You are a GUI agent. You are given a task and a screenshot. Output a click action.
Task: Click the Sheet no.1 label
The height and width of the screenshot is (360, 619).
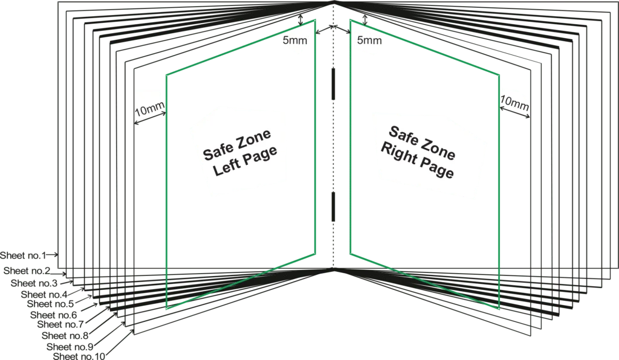[x=24, y=256]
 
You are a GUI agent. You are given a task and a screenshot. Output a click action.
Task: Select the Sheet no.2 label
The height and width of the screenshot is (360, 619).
[x=27, y=271]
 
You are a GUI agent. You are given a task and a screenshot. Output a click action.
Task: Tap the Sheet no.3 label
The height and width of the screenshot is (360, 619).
[x=34, y=283]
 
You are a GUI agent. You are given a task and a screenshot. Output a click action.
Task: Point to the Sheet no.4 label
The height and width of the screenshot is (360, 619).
[x=44, y=295]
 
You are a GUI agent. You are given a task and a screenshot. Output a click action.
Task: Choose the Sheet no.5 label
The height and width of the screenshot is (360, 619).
[x=51, y=304]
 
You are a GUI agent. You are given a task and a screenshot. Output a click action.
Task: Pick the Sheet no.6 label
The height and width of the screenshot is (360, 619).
[x=54, y=315]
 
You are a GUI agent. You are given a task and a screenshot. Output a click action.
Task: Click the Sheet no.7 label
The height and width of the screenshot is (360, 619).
[x=61, y=324]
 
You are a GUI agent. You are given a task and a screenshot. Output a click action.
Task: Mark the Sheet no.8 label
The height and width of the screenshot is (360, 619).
[x=65, y=336]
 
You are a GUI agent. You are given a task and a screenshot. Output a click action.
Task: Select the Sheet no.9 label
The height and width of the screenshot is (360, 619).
[x=70, y=347]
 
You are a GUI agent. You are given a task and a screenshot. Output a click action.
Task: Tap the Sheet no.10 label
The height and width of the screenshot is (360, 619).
[x=79, y=356]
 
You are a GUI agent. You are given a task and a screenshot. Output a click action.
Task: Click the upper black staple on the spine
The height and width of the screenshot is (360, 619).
[x=334, y=84]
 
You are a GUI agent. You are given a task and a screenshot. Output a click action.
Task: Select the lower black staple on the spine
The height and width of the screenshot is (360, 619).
[x=334, y=207]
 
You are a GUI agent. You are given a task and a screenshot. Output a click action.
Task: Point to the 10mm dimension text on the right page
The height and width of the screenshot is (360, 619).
[x=514, y=103]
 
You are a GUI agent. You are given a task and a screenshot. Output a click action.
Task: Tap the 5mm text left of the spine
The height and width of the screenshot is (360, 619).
[x=295, y=40]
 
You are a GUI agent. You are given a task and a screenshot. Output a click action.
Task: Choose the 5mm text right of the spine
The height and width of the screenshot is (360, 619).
[x=369, y=40]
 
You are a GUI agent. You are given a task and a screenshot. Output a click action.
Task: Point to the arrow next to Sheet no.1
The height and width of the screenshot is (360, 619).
[x=53, y=255]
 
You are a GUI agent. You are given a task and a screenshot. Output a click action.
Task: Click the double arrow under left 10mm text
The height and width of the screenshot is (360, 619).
[x=150, y=118]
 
